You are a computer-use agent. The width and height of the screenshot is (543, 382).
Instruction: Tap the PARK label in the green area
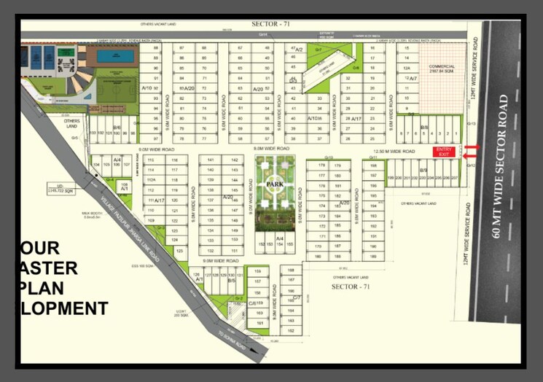click(x=274, y=185)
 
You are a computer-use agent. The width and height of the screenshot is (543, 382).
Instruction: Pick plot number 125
click(x=179, y=250)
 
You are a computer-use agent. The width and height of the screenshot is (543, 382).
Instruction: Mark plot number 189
click(x=373, y=257)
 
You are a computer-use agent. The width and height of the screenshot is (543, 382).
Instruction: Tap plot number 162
click(x=291, y=331)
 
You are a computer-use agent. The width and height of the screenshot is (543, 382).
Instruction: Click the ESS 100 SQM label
click(x=144, y=267)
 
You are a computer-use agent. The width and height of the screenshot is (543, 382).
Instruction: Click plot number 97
click(x=155, y=138)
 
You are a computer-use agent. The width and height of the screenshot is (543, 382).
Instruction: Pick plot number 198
click(x=373, y=165)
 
